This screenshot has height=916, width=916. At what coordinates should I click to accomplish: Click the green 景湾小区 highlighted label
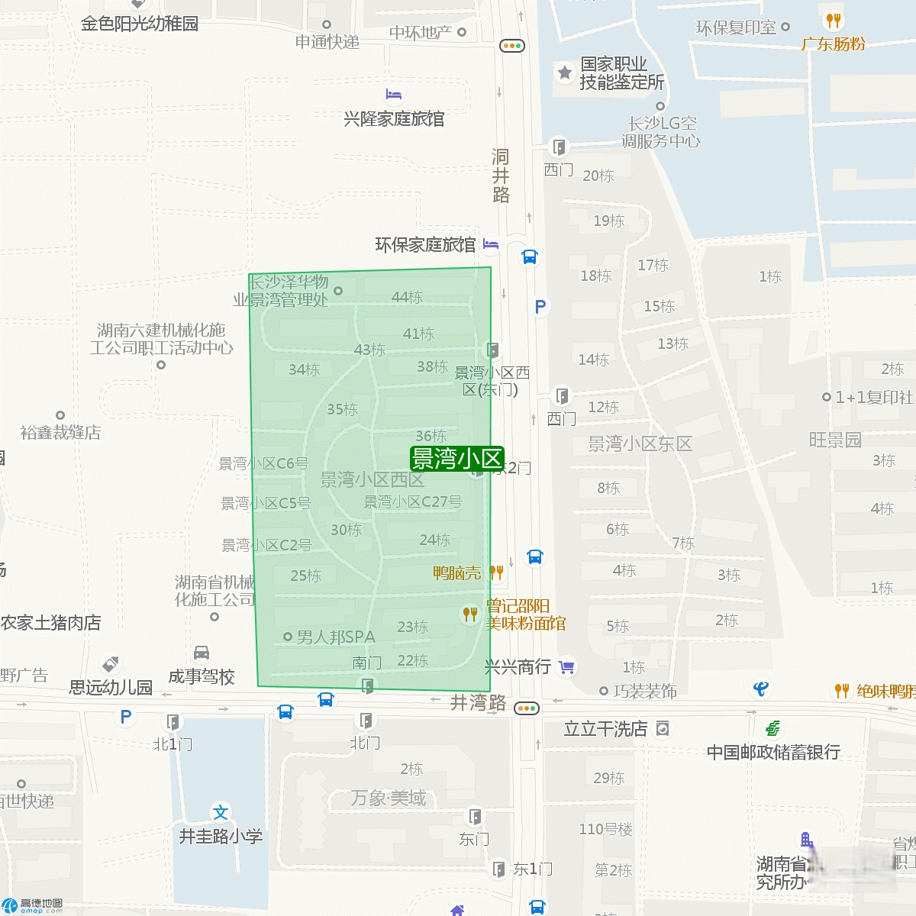(x=457, y=459)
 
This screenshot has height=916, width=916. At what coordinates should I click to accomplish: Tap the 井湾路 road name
(x=478, y=702)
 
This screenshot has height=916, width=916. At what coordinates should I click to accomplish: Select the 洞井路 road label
(x=501, y=176)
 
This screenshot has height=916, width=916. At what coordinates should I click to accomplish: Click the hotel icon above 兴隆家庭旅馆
(x=394, y=95)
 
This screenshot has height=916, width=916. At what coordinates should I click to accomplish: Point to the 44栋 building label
(x=407, y=297)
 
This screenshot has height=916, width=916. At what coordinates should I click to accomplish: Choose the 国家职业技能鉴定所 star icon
(x=564, y=73)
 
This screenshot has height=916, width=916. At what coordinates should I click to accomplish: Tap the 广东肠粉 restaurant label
(x=833, y=44)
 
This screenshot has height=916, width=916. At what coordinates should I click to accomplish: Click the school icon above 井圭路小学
(x=221, y=812)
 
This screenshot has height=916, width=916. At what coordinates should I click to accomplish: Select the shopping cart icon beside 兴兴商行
(x=566, y=668)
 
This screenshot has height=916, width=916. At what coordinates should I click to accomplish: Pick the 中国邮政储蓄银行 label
(x=773, y=752)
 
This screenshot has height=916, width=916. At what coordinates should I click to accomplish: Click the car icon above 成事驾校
(x=202, y=653)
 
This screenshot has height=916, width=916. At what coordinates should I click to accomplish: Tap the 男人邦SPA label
(x=336, y=637)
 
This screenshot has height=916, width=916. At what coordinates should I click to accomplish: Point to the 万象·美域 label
(x=389, y=798)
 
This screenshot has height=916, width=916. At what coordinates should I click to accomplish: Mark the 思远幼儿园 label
(x=111, y=687)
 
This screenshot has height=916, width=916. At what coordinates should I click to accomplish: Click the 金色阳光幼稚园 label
(x=140, y=24)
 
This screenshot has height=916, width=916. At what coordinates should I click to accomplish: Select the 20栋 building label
(x=598, y=176)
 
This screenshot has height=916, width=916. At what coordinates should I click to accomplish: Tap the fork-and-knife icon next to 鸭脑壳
(x=496, y=572)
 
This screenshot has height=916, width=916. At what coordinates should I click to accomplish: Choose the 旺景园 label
(x=835, y=439)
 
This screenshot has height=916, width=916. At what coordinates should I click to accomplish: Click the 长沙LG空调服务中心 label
(x=661, y=131)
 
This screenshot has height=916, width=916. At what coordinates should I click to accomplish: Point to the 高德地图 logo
(x=32, y=905)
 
